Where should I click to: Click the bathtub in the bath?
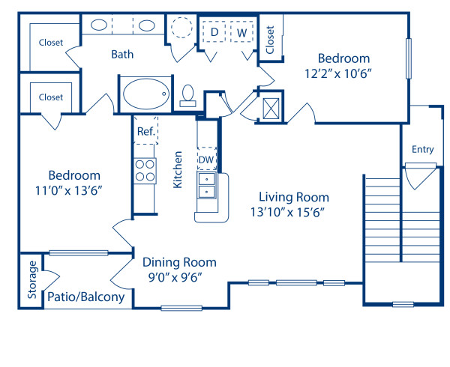[147, 94]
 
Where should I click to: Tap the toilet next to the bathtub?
[188, 94]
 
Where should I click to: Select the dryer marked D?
[215, 33]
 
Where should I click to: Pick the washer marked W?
[242, 33]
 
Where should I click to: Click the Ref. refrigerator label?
[145, 131]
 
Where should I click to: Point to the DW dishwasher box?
[205, 159]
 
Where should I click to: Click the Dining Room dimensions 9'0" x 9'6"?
[179, 276]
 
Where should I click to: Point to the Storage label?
[31, 279]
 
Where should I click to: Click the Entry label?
[422, 149]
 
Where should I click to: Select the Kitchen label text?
[178, 169]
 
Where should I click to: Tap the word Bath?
[122, 54]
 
